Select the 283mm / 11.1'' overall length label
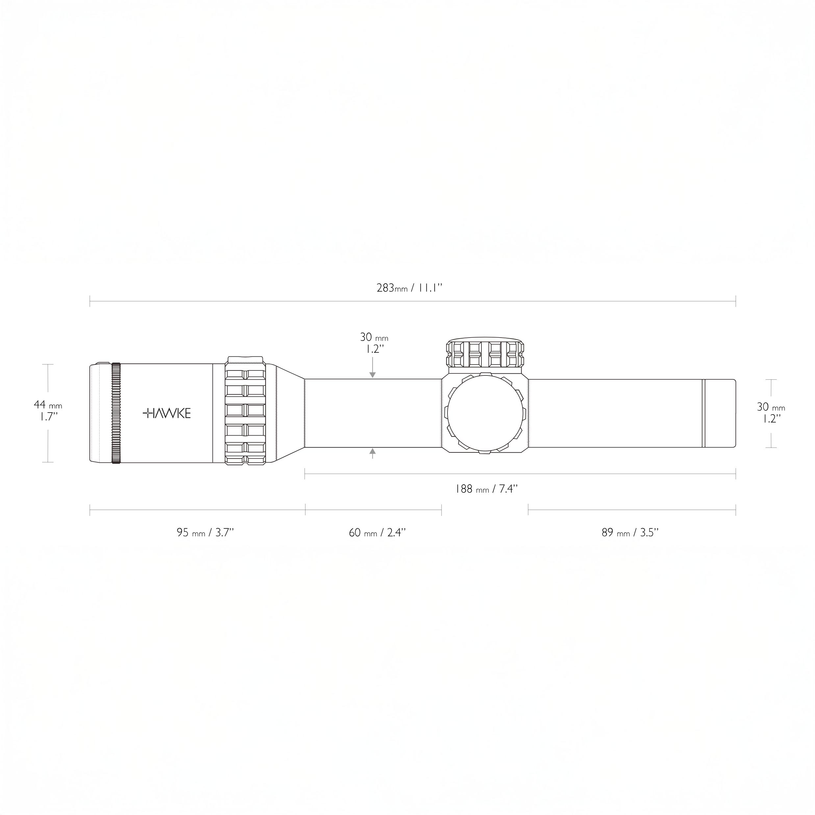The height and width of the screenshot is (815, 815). click(409, 288)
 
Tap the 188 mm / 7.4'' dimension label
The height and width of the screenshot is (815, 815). click(486, 489)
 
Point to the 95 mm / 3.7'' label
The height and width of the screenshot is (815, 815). click(205, 532)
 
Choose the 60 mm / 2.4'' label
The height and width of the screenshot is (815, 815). click(377, 532)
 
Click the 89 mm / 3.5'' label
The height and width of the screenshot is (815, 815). click(630, 532)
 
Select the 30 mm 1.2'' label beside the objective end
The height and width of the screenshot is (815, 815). click(771, 413)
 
